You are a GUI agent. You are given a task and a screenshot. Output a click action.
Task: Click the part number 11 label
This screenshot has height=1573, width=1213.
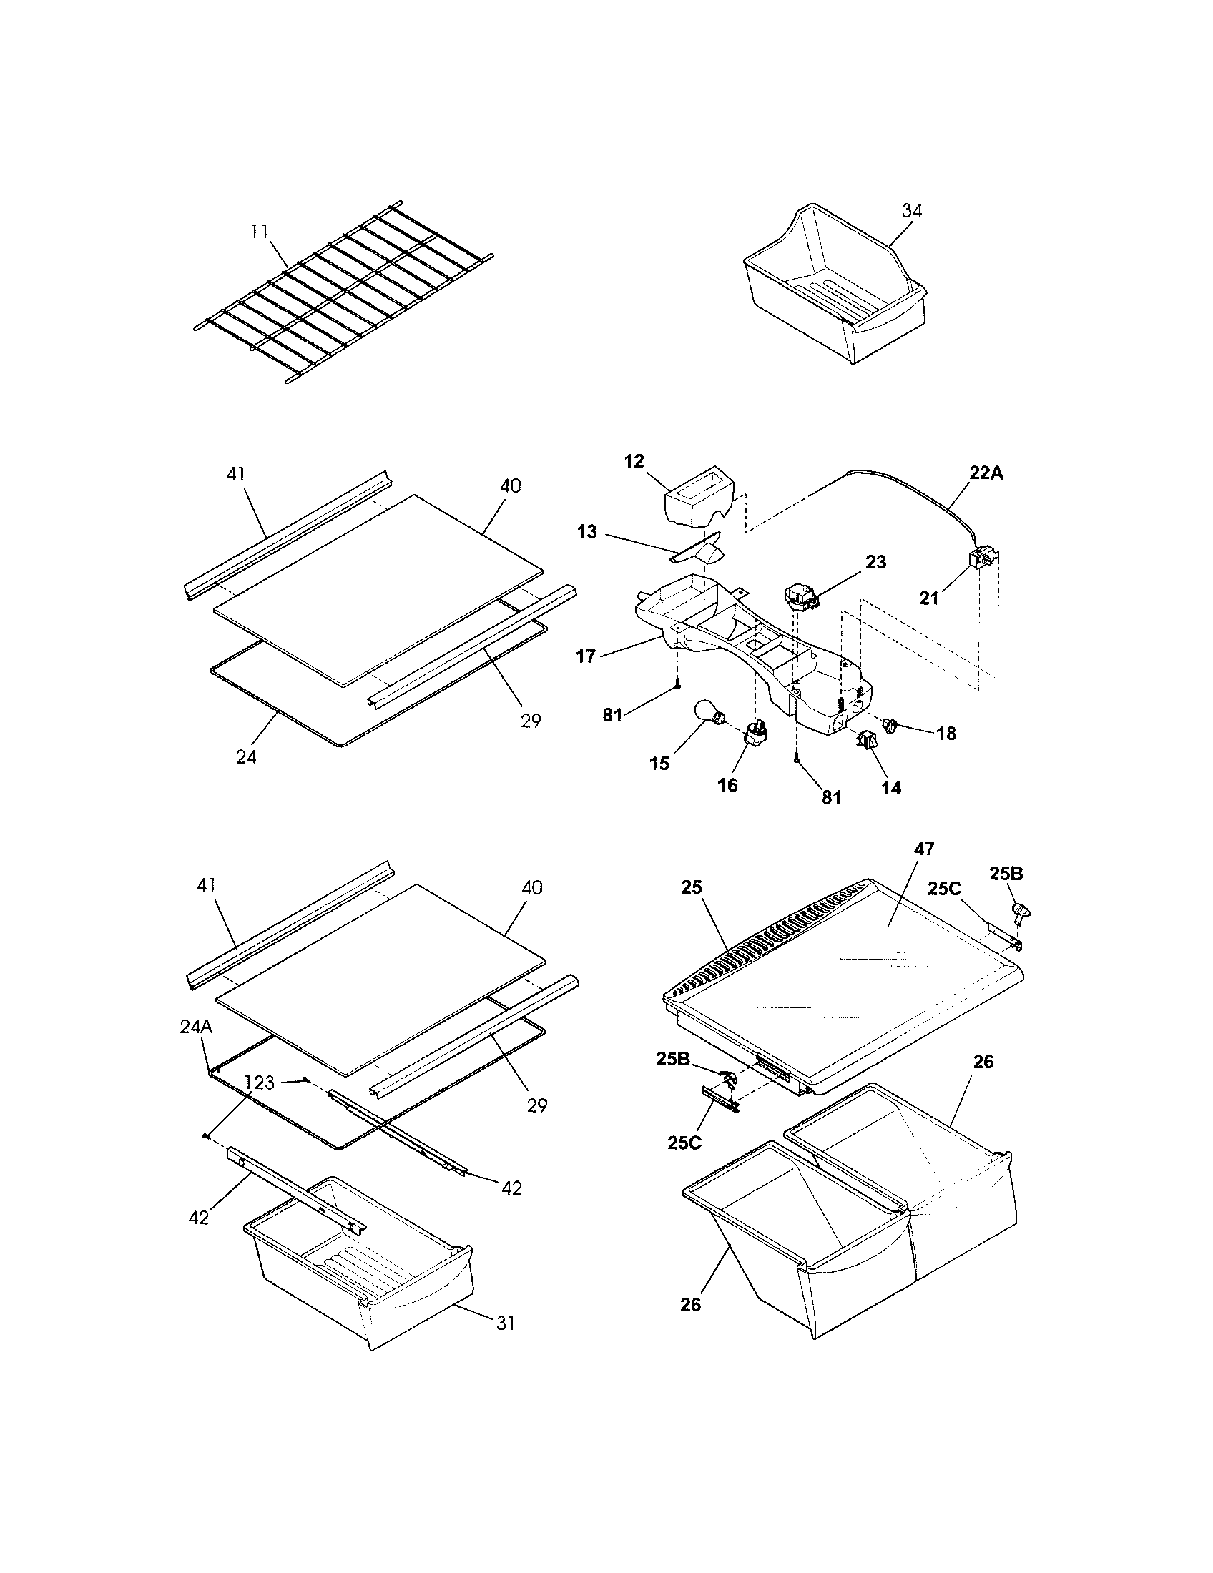[260, 231]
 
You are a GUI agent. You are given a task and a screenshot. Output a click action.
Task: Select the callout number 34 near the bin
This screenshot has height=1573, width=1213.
[912, 211]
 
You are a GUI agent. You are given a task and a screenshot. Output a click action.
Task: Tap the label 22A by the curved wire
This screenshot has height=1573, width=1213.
[986, 473]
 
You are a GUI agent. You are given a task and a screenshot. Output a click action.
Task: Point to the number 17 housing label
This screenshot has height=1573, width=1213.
[586, 656]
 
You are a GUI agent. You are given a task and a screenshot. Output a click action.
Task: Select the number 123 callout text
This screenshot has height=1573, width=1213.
[260, 1083]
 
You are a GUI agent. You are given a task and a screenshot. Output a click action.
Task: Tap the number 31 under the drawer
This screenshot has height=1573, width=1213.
[506, 1323]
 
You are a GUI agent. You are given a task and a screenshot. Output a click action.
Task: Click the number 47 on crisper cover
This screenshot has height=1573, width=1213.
[924, 849]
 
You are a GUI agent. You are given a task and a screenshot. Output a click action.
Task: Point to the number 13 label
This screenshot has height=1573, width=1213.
[588, 532]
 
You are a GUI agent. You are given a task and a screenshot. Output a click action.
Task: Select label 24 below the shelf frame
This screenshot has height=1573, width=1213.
[245, 757]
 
